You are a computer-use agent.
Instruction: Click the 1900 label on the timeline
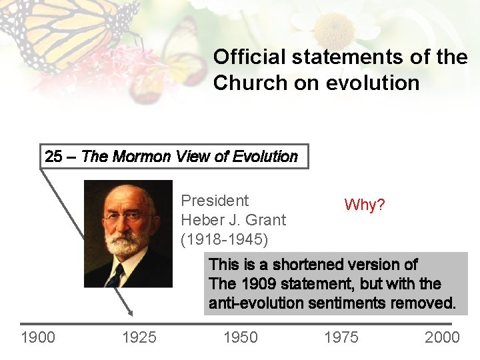(x=38, y=337)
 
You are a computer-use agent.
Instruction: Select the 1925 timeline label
(x=139, y=337)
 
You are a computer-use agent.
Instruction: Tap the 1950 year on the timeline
(x=240, y=337)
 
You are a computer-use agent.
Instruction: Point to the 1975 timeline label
(x=341, y=337)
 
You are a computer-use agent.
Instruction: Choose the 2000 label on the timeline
(x=442, y=337)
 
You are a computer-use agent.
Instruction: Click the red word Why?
(x=364, y=205)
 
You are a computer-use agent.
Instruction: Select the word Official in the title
(x=243, y=57)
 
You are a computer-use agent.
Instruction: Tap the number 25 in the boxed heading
(x=53, y=157)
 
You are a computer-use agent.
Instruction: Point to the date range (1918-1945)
(x=224, y=239)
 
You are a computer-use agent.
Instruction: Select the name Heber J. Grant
(x=233, y=219)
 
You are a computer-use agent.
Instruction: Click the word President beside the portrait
(x=215, y=201)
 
